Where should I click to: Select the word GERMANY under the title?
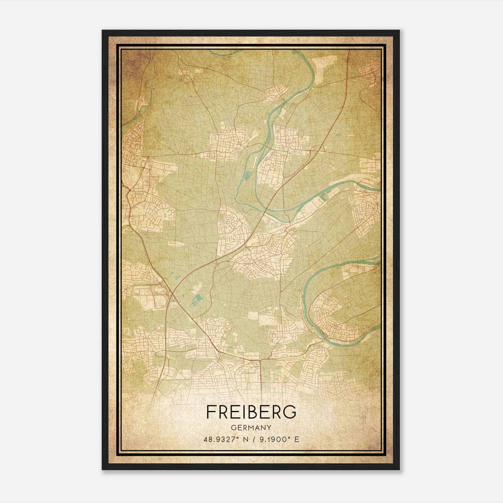(x=251, y=428)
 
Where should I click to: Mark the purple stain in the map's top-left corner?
(x=130, y=61)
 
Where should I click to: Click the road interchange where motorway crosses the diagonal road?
(x=171, y=294)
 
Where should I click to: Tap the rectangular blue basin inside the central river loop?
(x=247, y=174)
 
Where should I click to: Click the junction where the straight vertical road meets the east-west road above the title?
(x=260, y=359)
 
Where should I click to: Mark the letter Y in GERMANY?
(x=269, y=428)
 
